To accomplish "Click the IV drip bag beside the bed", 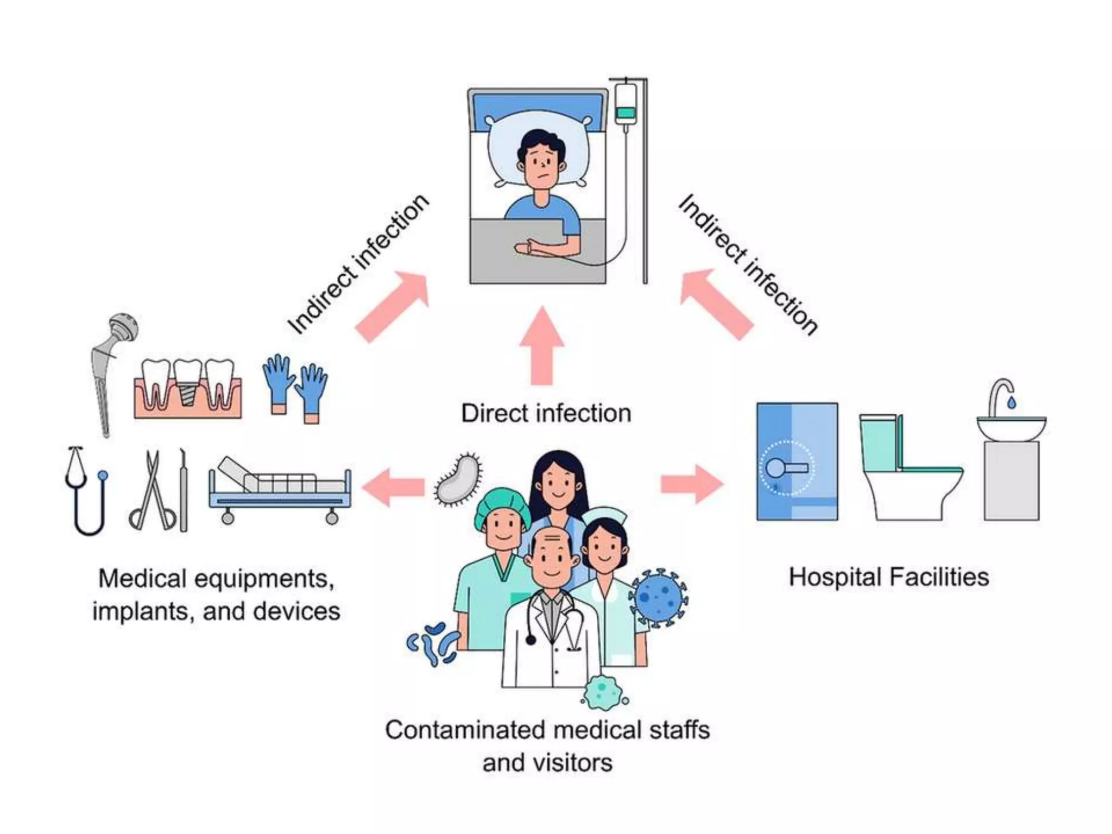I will click(x=625, y=104).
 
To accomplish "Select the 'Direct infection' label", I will click(x=546, y=414).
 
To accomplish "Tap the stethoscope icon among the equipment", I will click(x=87, y=491).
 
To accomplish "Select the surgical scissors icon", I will click(x=153, y=491).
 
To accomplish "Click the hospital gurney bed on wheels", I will click(x=280, y=489).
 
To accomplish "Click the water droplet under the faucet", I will click(x=1011, y=402).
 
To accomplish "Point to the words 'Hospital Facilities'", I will click(x=888, y=577).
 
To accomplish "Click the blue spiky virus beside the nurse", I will click(x=659, y=597).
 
